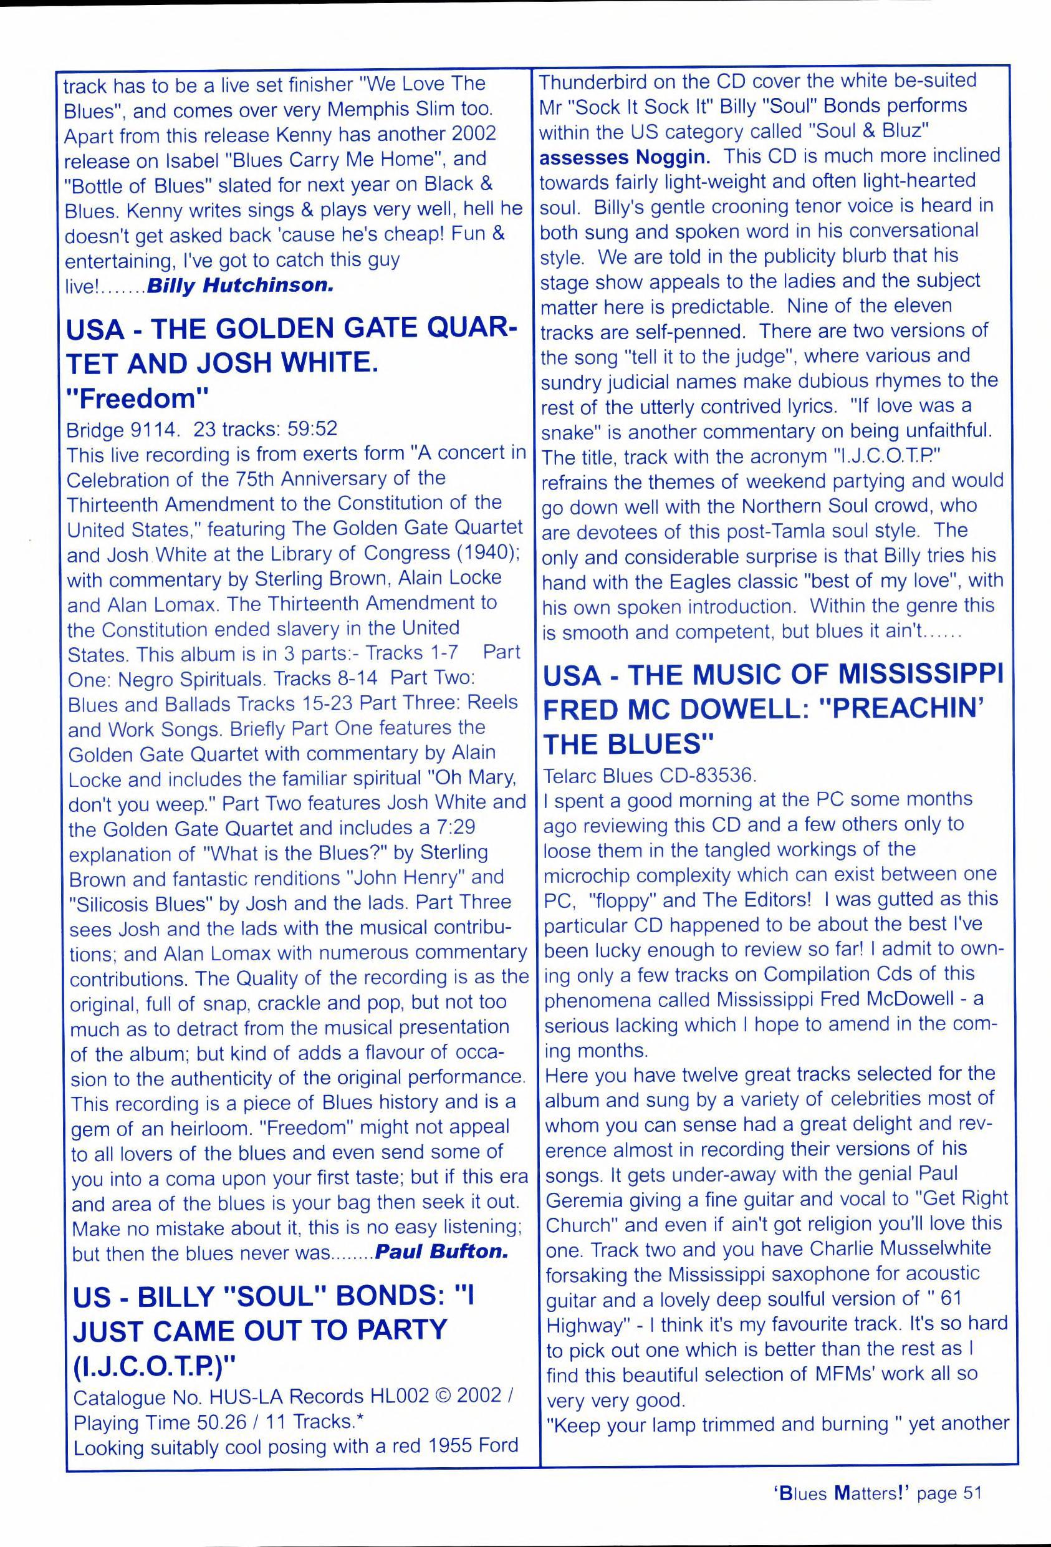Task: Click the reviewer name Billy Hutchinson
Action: (239, 286)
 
